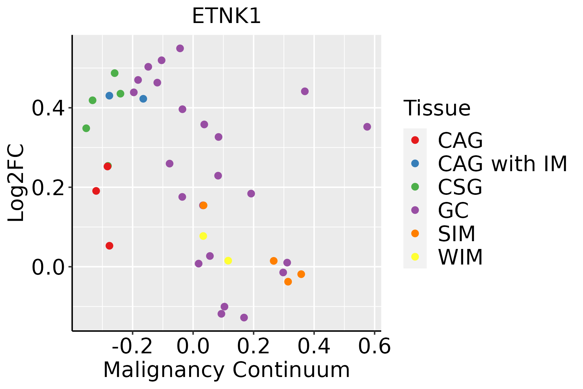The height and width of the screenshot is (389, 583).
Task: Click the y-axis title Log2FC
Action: click(16, 183)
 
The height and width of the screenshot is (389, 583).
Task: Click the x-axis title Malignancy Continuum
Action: click(226, 370)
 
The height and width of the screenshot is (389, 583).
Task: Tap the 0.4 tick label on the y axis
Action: click(48, 108)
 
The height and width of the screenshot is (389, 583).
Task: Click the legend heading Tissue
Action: click(437, 108)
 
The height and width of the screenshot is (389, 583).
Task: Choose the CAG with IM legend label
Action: click(502, 164)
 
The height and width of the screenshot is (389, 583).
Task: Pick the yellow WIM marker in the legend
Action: click(415, 257)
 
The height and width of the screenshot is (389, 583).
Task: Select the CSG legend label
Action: click(460, 187)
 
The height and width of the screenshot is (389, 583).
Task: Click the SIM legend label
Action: click(457, 234)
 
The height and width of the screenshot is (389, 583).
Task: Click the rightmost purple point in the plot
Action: click(367, 127)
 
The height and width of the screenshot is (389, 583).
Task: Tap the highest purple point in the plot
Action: click(180, 48)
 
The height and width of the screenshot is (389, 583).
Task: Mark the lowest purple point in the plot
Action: click(244, 317)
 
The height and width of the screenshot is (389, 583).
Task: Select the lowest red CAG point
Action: click(109, 246)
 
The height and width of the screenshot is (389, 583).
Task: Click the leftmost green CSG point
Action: click(86, 128)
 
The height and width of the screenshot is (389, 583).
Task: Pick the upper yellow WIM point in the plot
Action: click(203, 236)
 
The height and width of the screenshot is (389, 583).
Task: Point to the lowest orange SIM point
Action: click(288, 282)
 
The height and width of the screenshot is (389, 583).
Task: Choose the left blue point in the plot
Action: click(109, 96)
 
